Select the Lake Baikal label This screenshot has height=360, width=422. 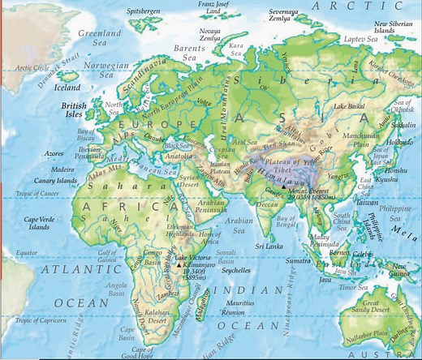pyautogui.click(x=351, y=106)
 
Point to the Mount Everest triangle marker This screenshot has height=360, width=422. pyautogui.click(x=283, y=186)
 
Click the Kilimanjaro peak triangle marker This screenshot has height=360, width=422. pyautogui.click(x=179, y=265)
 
